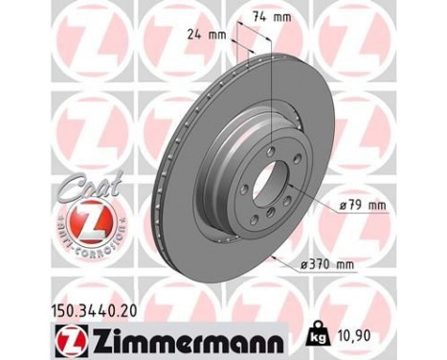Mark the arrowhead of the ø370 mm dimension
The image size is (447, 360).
coord(274,254)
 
